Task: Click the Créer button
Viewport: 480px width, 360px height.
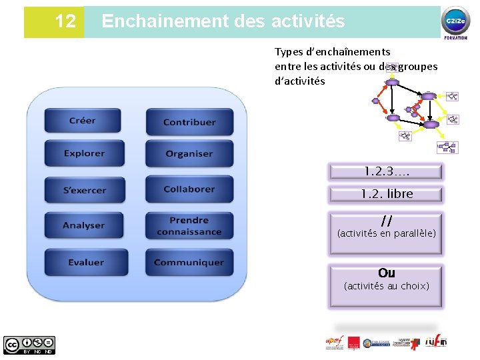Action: coord(83,121)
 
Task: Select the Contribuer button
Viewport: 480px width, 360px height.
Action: coord(189,122)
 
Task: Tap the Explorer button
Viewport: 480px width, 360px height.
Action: coord(84,153)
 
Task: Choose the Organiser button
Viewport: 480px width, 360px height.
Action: coord(189,154)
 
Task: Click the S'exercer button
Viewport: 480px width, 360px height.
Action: coord(84,190)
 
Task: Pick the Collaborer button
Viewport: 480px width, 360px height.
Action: coord(189,189)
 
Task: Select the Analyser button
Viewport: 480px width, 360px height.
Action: coord(84,225)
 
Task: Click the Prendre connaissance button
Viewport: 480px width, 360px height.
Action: coord(189,226)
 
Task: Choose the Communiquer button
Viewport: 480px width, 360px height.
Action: coord(189,262)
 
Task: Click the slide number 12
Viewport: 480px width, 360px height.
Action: coord(65,21)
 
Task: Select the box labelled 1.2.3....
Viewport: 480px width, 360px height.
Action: coord(385,172)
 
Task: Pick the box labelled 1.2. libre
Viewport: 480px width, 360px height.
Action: coord(386,194)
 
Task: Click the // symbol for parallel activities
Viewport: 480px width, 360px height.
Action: coord(386,221)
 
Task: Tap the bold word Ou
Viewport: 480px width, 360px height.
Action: coord(386,273)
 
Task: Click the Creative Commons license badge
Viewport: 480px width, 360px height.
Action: coord(29,345)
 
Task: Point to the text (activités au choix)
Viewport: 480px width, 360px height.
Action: coord(386,286)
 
